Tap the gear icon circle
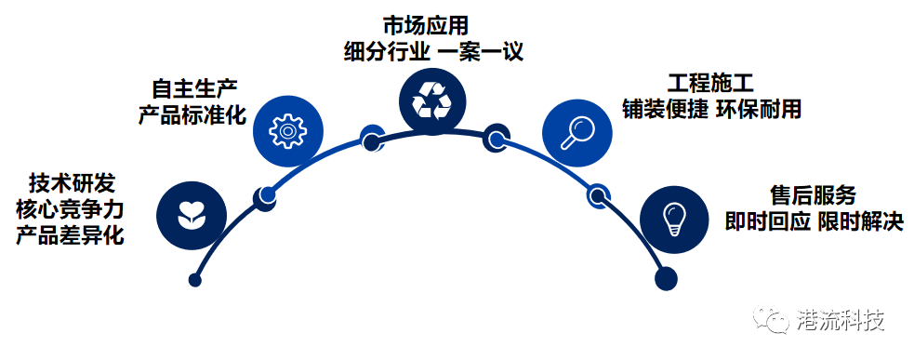coord(287,129)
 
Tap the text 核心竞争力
coord(71,207)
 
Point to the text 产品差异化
coord(71,233)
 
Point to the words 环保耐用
coord(760,108)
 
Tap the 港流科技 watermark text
coord(841,321)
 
